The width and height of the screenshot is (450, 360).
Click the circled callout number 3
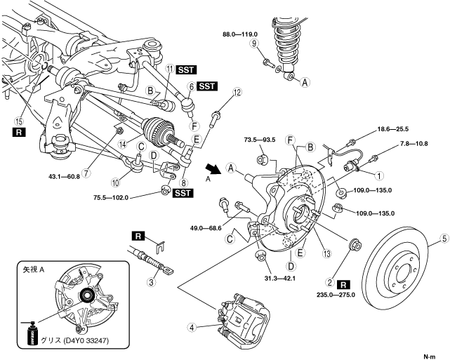pyautogui.click(x=150, y=283)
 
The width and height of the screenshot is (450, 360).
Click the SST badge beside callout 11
pyautogui.click(x=187, y=69)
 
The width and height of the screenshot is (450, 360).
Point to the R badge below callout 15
pyautogui.click(x=18, y=131)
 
